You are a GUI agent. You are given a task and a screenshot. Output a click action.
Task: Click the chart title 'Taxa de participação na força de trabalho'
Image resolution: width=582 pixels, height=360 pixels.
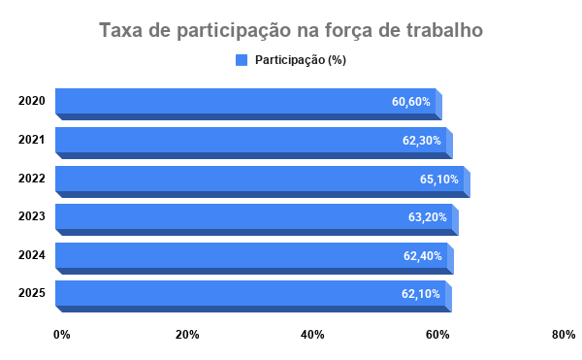click(x=291, y=30)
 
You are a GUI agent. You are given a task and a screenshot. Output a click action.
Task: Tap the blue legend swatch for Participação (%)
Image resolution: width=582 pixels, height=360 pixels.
click(x=242, y=60)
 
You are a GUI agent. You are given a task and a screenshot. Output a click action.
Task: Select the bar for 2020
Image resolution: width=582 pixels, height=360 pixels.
click(x=248, y=104)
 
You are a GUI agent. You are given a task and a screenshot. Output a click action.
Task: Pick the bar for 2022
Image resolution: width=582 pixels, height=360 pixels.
click(x=263, y=181)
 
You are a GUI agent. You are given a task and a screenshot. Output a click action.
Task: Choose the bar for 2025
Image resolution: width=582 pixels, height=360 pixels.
click(x=253, y=297)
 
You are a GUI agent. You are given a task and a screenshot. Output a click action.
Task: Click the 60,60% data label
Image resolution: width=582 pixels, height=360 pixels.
click(x=411, y=101)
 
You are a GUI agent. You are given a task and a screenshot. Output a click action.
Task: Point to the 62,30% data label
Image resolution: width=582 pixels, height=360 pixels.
click(x=422, y=141)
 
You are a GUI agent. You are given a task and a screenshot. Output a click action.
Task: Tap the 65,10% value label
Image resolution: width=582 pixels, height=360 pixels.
click(x=439, y=180)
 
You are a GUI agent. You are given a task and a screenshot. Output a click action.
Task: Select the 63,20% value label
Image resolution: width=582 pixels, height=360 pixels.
click(x=428, y=217)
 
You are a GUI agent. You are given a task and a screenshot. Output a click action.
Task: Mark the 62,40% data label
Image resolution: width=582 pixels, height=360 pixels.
click(x=423, y=256)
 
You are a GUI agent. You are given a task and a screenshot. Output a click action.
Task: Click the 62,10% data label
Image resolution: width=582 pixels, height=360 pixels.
click(x=421, y=294)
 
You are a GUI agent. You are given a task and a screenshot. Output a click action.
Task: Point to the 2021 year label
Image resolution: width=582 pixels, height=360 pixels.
click(x=32, y=140)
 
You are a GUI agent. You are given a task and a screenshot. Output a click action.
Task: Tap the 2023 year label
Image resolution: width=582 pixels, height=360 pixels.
click(x=32, y=216)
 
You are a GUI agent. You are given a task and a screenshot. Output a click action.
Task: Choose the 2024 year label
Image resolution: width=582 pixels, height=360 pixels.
click(x=32, y=255)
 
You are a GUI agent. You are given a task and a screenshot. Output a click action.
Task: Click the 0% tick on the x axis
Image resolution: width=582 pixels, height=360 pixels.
click(x=62, y=335)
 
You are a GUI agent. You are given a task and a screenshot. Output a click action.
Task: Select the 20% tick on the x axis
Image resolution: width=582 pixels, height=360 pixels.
click(x=187, y=335)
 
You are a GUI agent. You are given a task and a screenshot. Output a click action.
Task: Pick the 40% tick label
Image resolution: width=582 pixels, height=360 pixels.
click(x=312, y=335)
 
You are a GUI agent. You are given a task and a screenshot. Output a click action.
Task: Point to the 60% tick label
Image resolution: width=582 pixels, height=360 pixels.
click(x=437, y=335)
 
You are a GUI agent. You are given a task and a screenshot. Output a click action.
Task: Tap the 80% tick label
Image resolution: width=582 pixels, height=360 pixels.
click(x=564, y=335)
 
